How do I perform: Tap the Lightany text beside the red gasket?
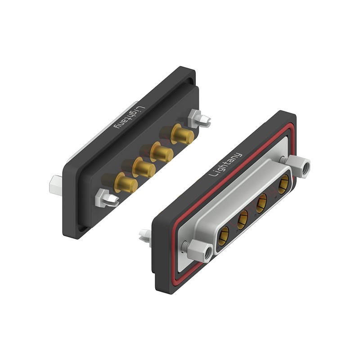(226, 165)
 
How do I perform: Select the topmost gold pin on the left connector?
(183, 134)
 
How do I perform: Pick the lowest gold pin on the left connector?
(126, 183)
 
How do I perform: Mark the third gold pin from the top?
(144, 168)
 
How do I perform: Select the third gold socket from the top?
(243, 219)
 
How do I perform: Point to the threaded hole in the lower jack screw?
(207, 255)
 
